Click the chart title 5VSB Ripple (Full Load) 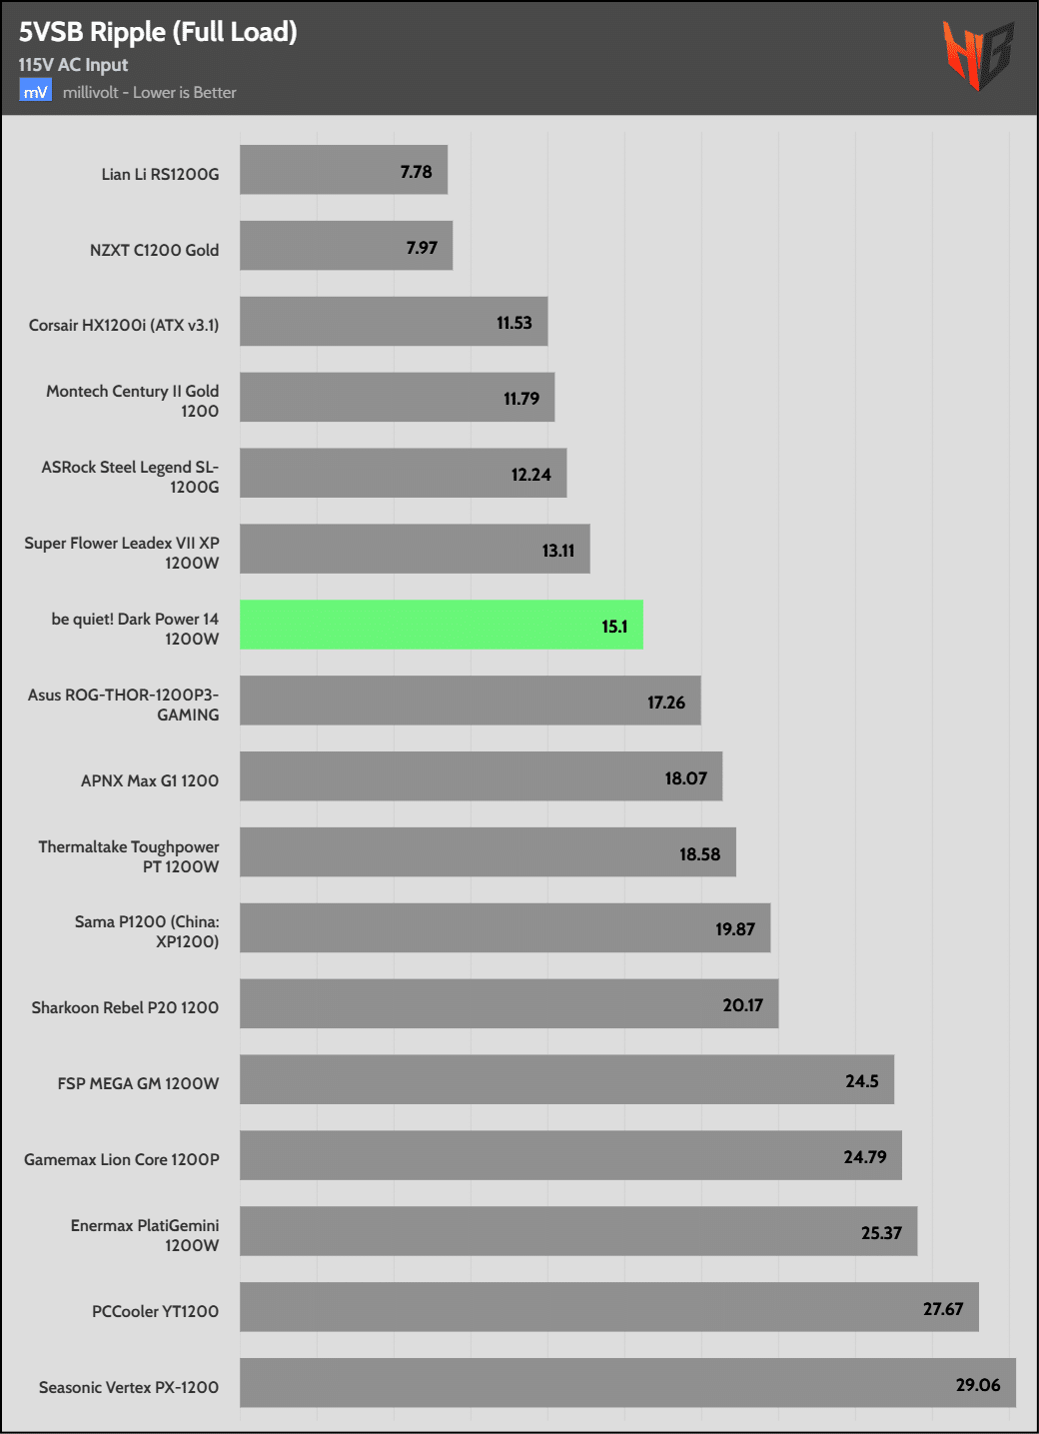click(x=158, y=32)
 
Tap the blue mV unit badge click(x=35, y=92)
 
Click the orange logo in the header click(x=977, y=54)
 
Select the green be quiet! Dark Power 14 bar click(x=441, y=625)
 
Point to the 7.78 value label click(x=416, y=172)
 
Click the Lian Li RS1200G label click(x=160, y=174)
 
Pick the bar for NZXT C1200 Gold click(x=346, y=246)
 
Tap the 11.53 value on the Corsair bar click(x=514, y=323)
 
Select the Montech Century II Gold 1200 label click(x=132, y=401)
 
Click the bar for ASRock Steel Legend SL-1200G click(x=403, y=473)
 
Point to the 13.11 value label click(x=557, y=551)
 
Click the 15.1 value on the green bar click(x=614, y=627)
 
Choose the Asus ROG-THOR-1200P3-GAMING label click(x=123, y=705)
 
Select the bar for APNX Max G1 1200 click(x=481, y=776)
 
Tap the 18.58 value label click(x=699, y=854)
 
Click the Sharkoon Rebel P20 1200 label click(x=125, y=1007)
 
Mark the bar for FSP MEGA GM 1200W click(x=566, y=1079)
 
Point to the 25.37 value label click(x=881, y=1233)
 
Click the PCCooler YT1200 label click(x=155, y=1311)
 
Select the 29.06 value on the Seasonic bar click(x=977, y=1385)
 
